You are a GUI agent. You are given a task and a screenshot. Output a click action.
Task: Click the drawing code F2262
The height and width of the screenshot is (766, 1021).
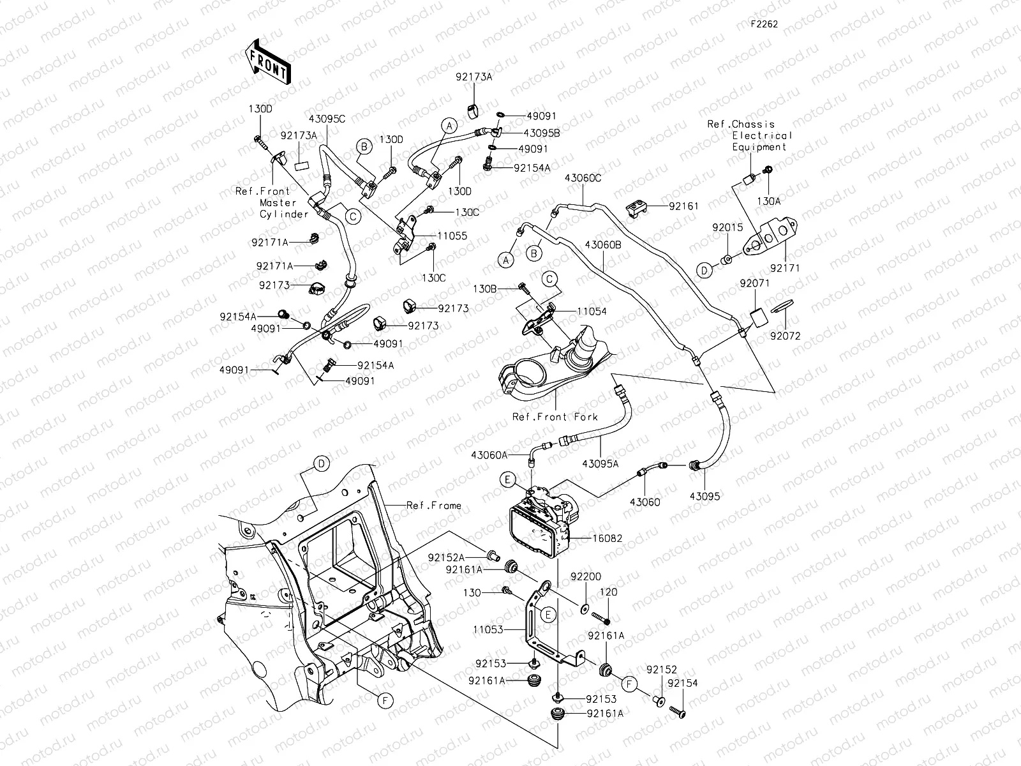[x=764, y=24]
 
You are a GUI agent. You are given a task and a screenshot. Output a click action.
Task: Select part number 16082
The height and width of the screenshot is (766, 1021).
[x=607, y=539]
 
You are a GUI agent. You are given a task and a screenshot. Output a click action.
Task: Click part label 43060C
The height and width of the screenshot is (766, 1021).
[x=583, y=178]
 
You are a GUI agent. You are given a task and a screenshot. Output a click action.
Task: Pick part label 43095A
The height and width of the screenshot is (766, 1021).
[x=600, y=464]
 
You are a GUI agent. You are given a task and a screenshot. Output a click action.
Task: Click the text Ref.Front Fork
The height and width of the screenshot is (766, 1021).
[x=555, y=417]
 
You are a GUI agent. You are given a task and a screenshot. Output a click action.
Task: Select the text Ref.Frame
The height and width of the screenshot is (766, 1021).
[x=434, y=506]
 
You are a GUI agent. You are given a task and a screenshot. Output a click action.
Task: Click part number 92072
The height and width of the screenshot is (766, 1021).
[x=784, y=336]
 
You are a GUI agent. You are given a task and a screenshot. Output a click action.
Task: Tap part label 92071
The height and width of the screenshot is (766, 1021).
[x=754, y=283]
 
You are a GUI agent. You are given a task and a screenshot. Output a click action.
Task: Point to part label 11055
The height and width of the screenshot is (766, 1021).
[x=452, y=236]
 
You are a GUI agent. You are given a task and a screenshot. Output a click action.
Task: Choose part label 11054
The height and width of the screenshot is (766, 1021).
[x=592, y=311]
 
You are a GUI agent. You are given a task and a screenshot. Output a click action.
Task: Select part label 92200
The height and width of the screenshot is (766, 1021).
[x=585, y=576]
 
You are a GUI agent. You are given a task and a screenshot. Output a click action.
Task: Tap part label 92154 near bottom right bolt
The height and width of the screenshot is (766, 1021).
[x=682, y=683]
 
